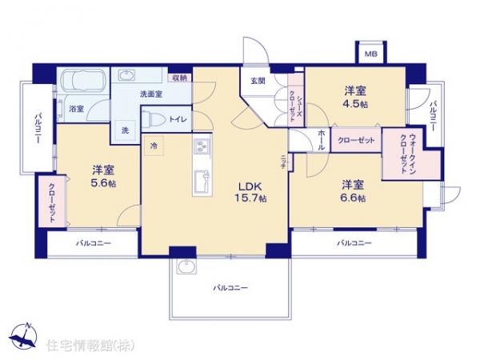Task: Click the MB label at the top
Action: [x=370, y=54]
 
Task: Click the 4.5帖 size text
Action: [x=357, y=105]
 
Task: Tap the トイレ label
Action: [x=178, y=119]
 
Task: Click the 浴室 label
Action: [x=77, y=107]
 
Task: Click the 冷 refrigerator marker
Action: [x=153, y=146]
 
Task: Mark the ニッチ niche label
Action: [x=283, y=160]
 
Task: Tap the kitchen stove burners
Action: [x=201, y=147]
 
